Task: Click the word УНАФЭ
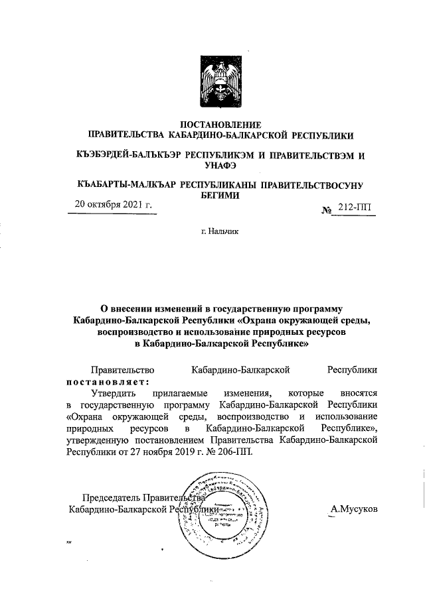[x=212, y=166]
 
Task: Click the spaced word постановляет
[x=107, y=382]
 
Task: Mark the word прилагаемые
[x=178, y=393]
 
